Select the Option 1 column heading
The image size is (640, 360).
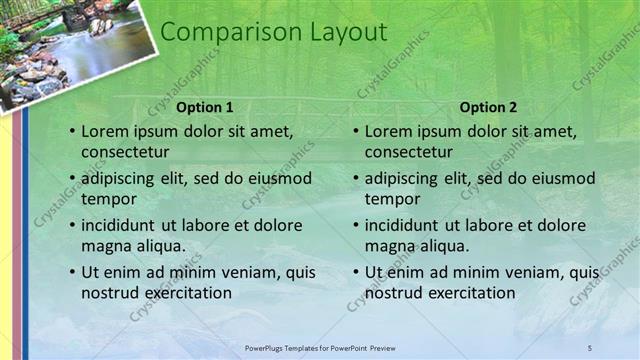(204, 107)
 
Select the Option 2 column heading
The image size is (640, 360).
(488, 107)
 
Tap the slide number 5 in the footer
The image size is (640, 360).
(590, 347)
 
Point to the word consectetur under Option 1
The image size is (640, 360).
(125, 152)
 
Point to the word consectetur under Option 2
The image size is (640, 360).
(409, 152)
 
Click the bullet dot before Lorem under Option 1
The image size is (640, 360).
(72, 132)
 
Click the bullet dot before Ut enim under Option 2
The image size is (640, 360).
(356, 272)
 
